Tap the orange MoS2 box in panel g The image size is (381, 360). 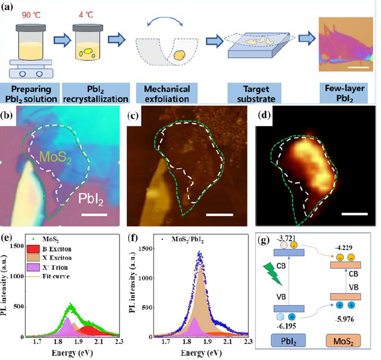[x=340, y=344]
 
